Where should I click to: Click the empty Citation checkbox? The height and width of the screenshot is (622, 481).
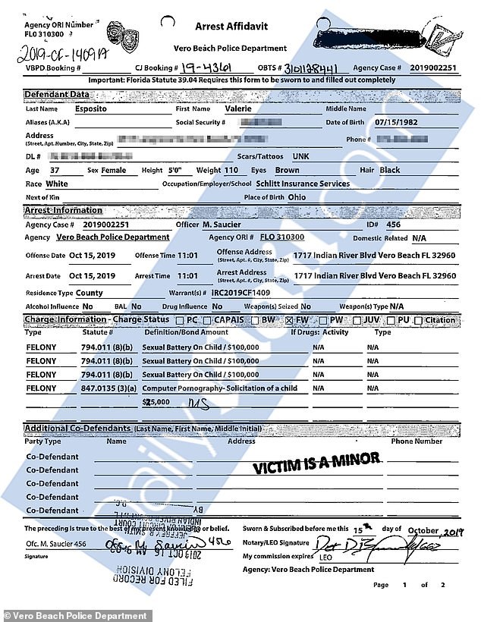(420, 320)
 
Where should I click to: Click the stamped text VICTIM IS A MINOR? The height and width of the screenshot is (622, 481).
(316, 462)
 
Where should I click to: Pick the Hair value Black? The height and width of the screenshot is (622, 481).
(389, 171)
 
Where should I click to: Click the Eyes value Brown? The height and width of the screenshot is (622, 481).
(287, 171)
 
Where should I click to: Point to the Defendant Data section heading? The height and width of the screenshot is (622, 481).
(56, 95)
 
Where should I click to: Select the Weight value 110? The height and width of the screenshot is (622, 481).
(231, 171)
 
